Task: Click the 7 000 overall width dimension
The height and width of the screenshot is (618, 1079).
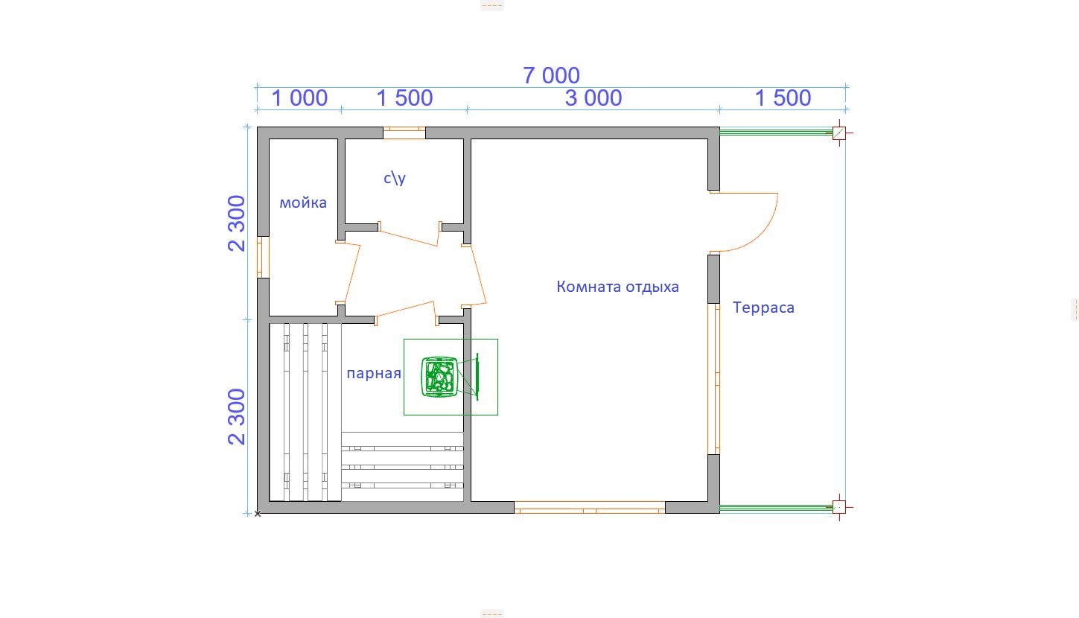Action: click(x=551, y=75)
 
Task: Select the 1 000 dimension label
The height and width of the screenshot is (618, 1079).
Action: click(x=299, y=98)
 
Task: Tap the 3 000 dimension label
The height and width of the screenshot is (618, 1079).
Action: click(x=593, y=98)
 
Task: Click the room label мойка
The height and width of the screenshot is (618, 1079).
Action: click(x=303, y=203)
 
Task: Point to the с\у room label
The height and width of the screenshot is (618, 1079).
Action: click(x=395, y=178)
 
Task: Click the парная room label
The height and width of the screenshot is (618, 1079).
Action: click(x=374, y=373)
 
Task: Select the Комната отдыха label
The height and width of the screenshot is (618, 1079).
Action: click(x=617, y=287)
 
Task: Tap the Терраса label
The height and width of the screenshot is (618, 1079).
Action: click(x=763, y=308)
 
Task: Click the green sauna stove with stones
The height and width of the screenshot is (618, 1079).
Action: click(x=439, y=377)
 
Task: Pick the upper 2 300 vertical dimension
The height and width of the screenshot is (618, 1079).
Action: click(x=237, y=223)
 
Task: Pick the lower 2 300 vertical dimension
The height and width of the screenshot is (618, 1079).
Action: click(x=237, y=416)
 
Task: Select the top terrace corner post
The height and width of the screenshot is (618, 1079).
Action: click(x=839, y=133)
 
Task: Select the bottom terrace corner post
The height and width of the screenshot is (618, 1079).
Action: click(x=839, y=507)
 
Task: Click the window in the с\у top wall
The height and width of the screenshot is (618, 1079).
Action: click(x=404, y=133)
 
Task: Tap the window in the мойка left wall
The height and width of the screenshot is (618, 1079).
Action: click(x=263, y=257)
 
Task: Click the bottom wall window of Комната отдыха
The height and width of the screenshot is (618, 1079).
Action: click(x=590, y=507)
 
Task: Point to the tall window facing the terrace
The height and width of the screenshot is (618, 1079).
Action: click(x=714, y=378)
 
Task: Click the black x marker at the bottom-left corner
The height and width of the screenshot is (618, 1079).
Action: click(x=258, y=514)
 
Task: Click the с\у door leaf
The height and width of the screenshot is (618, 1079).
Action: click(x=409, y=239)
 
